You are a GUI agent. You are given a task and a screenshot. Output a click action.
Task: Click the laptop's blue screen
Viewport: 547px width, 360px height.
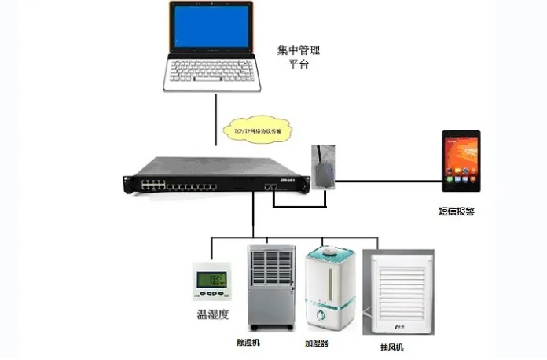coord(211,31)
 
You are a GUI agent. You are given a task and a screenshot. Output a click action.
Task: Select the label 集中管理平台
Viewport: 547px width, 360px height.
coord(299,57)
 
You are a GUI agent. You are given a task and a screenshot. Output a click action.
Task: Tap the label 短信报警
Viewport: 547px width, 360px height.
coord(456,211)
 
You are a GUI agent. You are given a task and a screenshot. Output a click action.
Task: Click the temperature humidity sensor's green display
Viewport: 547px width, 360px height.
coord(211,279)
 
